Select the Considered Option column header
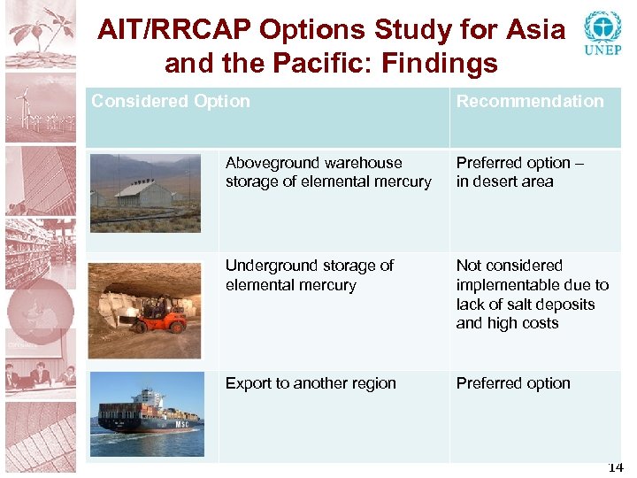click(x=171, y=101)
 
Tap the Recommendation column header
click(x=530, y=101)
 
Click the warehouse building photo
click(x=145, y=193)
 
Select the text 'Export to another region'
click(x=311, y=383)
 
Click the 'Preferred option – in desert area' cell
click(x=519, y=173)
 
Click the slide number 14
click(x=616, y=467)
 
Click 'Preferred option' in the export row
click(x=513, y=383)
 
